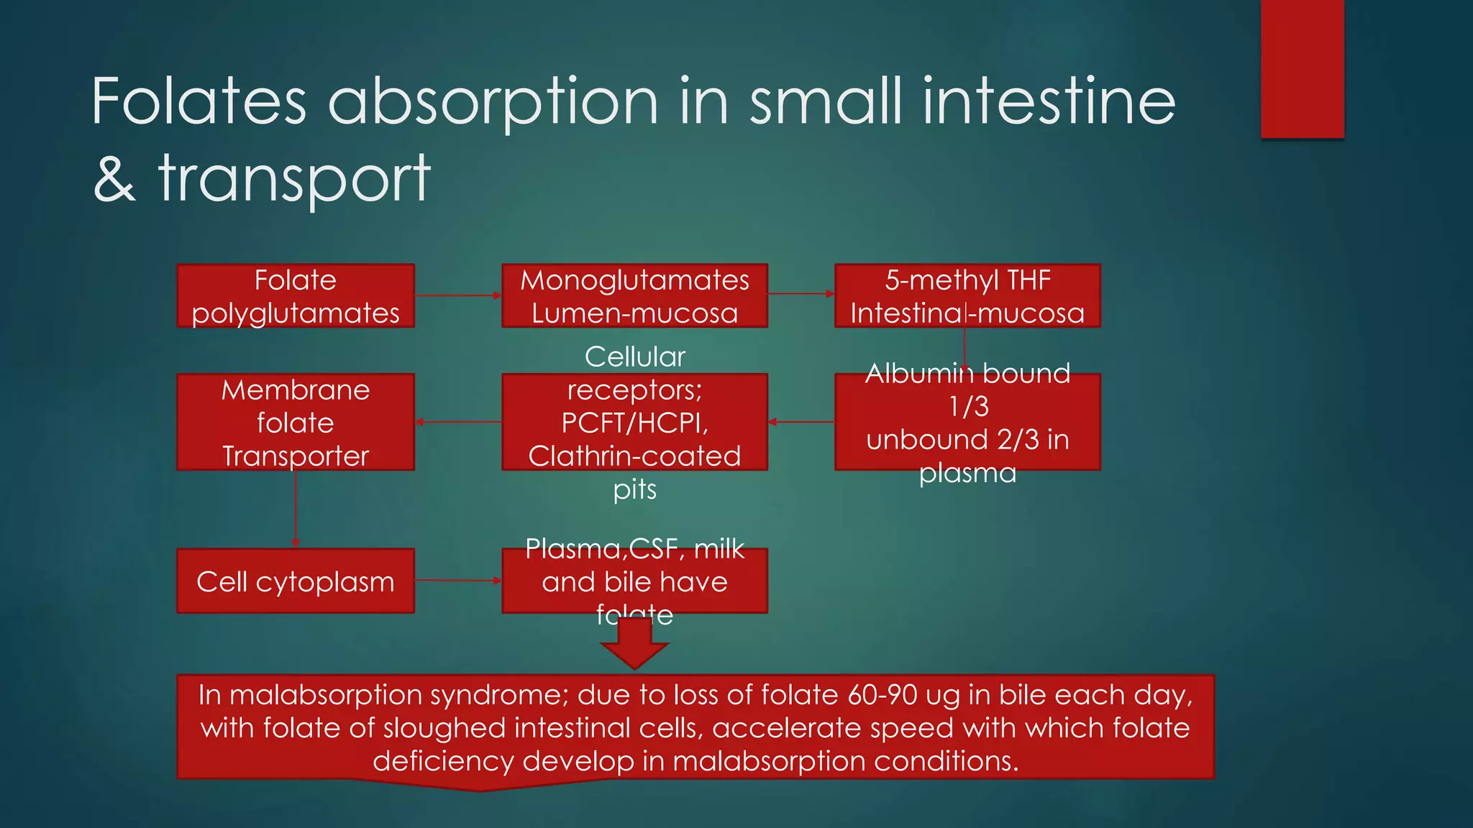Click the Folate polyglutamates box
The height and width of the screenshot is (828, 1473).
tap(296, 296)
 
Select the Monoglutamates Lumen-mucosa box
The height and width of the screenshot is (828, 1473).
tap(634, 296)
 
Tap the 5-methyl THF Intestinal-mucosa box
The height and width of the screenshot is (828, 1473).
tap(967, 296)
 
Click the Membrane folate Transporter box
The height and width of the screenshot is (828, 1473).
tap(296, 422)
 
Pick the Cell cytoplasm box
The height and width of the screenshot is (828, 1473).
tap(296, 581)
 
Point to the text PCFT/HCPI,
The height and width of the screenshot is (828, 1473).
tap(634, 423)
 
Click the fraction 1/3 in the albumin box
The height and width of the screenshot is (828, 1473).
tap(968, 407)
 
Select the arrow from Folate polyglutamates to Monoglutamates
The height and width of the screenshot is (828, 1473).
tap(457, 295)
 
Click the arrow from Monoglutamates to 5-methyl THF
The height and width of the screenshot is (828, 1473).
tap(801, 294)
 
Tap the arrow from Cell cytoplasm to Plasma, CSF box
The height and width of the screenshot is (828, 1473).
tap(457, 580)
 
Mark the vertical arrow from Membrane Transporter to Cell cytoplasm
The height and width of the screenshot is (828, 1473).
tap(296, 509)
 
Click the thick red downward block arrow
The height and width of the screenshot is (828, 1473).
tap(634, 643)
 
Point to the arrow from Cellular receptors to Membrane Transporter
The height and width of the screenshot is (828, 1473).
tap(457, 422)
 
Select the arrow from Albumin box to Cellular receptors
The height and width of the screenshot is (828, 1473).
tap(801, 422)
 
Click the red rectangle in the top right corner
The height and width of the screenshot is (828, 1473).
tap(1302, 69)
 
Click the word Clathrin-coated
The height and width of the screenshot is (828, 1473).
tap(634, 456)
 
